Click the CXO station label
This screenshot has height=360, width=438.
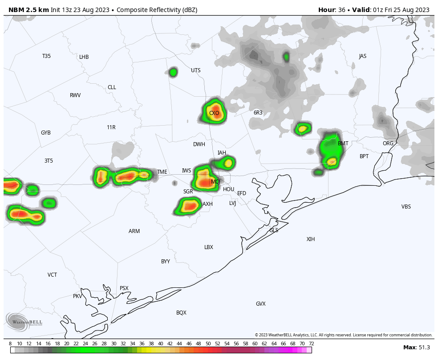point(214,113)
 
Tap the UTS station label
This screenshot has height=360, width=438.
point(196,70)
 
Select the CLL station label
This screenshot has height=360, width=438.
point(112,87)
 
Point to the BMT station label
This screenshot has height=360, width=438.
point(343,143)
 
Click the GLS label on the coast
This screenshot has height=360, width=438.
point(274,230)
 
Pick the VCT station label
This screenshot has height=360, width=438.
point(52,275)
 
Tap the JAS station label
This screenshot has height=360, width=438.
point(363,56)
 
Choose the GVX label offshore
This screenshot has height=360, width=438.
point(261,304)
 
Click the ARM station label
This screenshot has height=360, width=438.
point(134,231)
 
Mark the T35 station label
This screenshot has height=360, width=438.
point(46,56)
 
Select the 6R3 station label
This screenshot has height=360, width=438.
point(258,113)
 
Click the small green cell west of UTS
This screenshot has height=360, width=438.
point(173,72)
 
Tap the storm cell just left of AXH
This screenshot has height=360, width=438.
point(189,206)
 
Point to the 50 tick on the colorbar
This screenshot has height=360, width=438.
point(208,344)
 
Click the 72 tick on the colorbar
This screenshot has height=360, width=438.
point(311,344)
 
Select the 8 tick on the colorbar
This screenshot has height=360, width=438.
point(10,344)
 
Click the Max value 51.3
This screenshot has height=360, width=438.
point(423,348)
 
